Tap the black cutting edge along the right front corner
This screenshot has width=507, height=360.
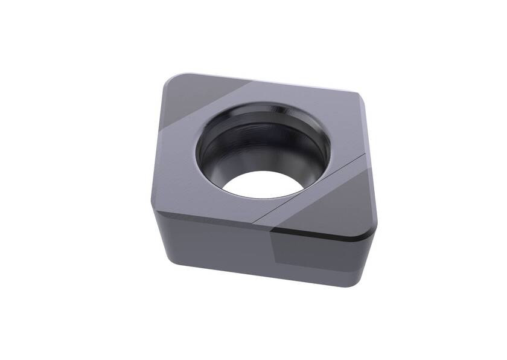320,233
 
